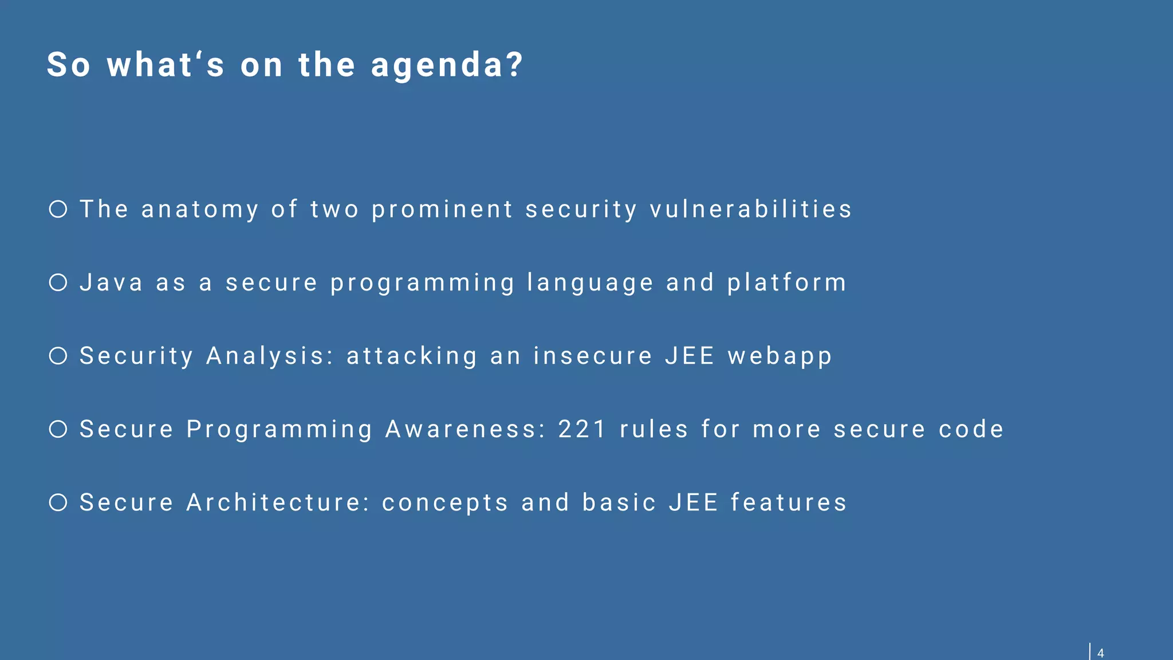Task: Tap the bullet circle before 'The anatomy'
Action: coord(58,209)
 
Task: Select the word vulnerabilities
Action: coord(751,209)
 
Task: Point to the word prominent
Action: coord(442,210)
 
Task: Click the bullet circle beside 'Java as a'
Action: coord(58,282)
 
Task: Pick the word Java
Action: coord(111,282)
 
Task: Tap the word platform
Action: coord(787,283)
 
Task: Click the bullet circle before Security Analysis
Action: coord(58,356)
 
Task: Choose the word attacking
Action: coord(412,356)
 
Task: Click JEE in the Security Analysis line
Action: coord(690,356)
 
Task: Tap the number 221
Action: coord(582,429)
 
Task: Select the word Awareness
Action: coord(465,429)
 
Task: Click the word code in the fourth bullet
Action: coord(971,429)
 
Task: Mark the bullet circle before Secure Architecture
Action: coord(58,502)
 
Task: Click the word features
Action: coord(789,502)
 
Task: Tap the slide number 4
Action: coord(1100,653)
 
